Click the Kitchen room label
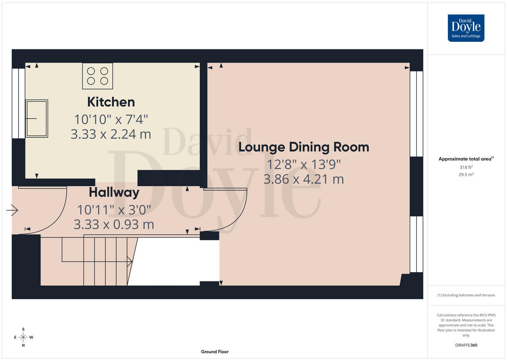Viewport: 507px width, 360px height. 111,102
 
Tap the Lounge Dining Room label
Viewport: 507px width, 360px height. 304,147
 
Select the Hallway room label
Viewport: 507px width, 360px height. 114,193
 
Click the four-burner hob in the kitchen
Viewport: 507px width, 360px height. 98,76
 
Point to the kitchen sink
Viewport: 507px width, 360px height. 37,118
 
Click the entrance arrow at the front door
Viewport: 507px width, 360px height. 12,210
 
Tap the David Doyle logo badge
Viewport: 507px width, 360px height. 466,28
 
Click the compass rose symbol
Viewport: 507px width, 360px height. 23,337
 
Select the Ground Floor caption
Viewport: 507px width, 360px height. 215,352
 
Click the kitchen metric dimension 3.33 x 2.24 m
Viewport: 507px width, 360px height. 111,134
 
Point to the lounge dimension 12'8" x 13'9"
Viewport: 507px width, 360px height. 304,164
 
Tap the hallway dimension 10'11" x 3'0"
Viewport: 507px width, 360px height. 114,210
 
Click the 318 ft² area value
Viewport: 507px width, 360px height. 466,167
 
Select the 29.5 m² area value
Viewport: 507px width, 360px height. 466,175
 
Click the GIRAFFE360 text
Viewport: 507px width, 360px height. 466,345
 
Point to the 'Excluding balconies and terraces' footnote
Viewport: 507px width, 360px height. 466,295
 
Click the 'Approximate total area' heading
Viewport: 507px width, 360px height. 466,159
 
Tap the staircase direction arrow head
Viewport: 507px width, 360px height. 130,262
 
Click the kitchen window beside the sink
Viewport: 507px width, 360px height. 19,104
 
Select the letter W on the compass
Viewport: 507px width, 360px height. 31,337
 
